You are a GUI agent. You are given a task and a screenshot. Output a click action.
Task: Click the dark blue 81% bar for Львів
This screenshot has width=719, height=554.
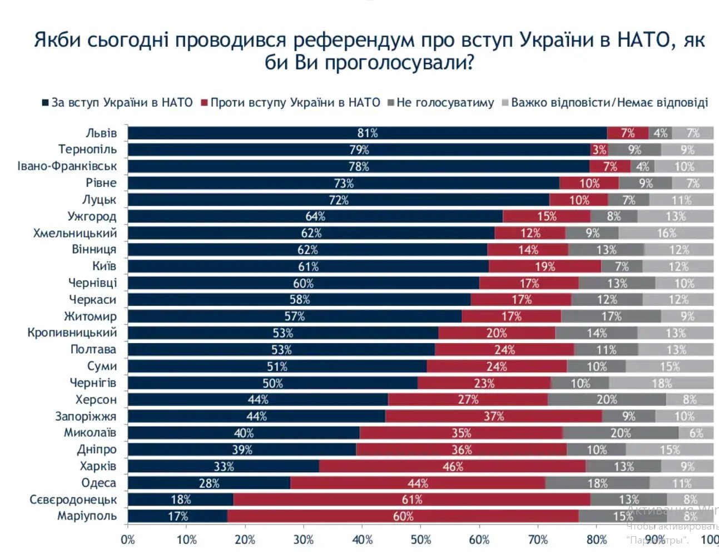click(x=367, y=133)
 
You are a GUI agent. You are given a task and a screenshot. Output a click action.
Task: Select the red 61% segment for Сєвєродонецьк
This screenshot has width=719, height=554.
click(x=411, y=499)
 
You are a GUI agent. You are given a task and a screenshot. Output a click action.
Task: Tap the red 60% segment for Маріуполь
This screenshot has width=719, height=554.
click(x=403, y=516)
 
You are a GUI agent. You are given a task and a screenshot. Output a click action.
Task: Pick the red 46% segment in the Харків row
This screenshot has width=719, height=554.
click(x=453, y=466)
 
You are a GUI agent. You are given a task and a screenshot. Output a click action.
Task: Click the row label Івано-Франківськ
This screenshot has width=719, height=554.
click(x=67, y=166)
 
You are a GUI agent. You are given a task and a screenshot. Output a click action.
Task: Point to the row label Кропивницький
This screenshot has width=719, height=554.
click(x=72, y=333)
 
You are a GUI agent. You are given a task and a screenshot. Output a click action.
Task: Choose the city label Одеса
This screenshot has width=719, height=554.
click(x=98, y=483)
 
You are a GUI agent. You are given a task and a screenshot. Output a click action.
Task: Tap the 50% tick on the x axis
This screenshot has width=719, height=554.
click(x=420, y=540)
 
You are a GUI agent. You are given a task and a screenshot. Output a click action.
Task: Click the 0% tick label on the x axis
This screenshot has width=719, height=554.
click(x=128, y=540)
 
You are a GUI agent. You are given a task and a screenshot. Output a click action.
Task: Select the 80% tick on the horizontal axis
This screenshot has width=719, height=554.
click(x=596, y=540)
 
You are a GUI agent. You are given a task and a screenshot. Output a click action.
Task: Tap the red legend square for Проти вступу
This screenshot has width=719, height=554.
click(x=205, y=103)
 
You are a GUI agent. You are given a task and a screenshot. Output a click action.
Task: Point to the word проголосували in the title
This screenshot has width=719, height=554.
click(x=399, y=62)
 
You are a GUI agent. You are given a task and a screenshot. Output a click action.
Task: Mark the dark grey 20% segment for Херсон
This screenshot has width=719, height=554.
click(x=607, y=399)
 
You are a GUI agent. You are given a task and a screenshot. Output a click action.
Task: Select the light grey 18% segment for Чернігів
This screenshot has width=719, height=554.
click(x=662, y=383)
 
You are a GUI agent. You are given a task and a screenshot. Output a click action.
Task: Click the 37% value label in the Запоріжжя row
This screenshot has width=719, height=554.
click(x=494, y=416)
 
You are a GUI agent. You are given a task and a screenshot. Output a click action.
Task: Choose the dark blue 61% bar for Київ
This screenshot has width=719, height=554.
click(x=308, y=266)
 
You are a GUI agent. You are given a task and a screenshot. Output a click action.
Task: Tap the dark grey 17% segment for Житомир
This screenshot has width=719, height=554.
click(x=611, y=316)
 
